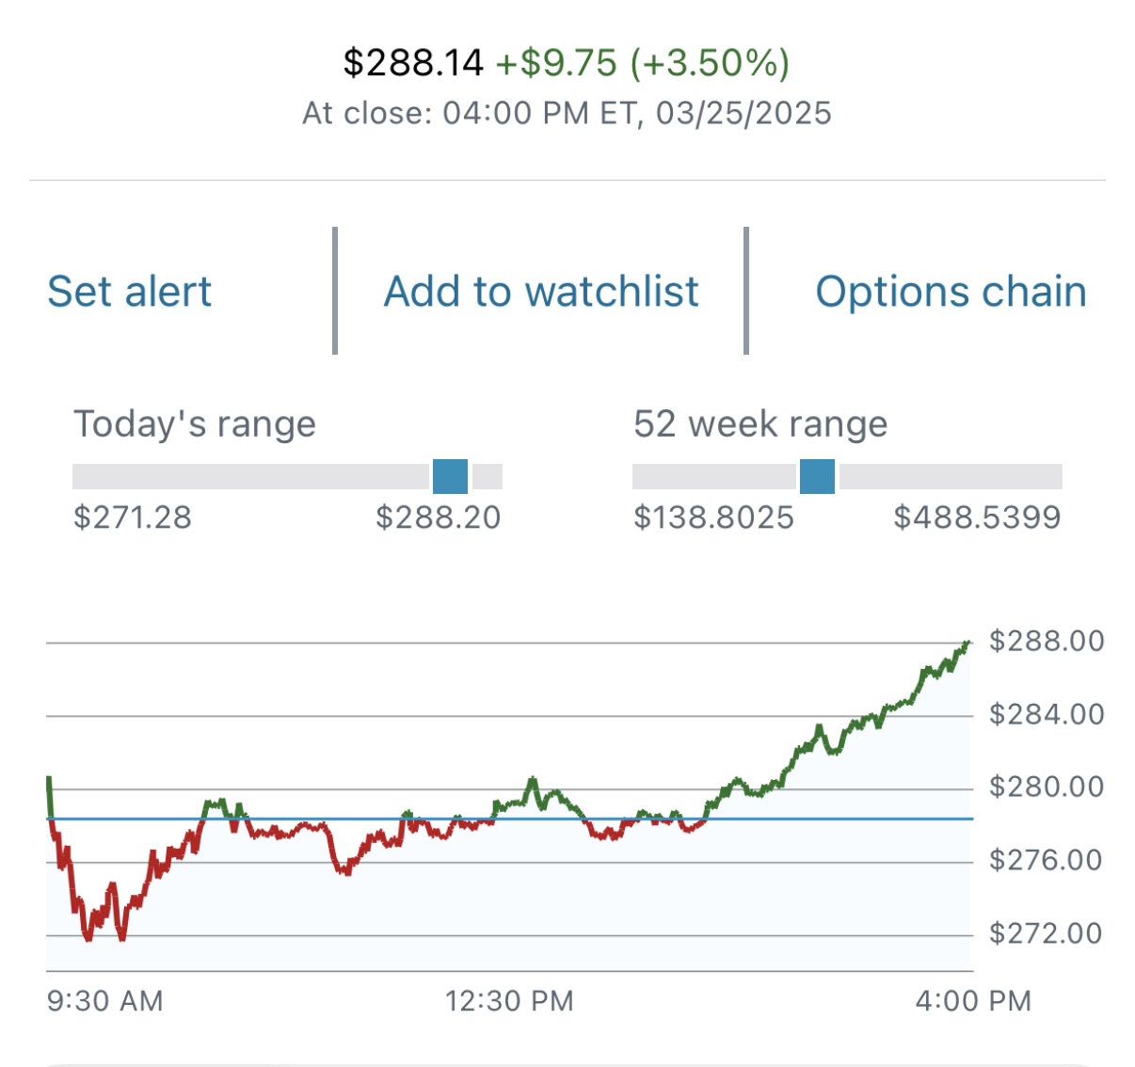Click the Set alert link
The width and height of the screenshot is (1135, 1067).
click(130, 292)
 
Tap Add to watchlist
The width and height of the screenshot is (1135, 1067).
click(541, 292)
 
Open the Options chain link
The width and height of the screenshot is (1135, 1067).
click(951, 292)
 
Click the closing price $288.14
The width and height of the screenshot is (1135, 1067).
click(413, 63)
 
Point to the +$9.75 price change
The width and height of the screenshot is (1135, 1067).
click(556, 63)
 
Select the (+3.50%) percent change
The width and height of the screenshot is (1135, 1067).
click(710, 63)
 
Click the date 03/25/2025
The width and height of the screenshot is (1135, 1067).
click(743, 114)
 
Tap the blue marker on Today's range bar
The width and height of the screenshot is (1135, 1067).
click(450, 477)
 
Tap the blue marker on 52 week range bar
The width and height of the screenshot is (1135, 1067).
click(817, 477)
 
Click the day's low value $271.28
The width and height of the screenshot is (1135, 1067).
click(133, 518)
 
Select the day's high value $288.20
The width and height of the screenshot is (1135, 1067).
click(439, 518)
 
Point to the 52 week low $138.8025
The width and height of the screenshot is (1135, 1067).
click(714, 518)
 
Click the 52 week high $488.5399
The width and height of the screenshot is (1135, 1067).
click(977, 518)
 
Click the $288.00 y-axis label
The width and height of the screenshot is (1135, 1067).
click(1047, 642)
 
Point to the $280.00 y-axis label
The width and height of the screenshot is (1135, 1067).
click(1047, 787)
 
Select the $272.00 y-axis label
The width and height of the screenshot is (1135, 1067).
click(1046, 933)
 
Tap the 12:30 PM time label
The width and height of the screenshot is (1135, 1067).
click(509, 1001)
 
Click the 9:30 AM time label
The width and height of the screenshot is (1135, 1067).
click(105, 1001)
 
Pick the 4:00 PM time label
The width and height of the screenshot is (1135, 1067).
click(973, 1001)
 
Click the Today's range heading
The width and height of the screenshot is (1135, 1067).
click(195, 424)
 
